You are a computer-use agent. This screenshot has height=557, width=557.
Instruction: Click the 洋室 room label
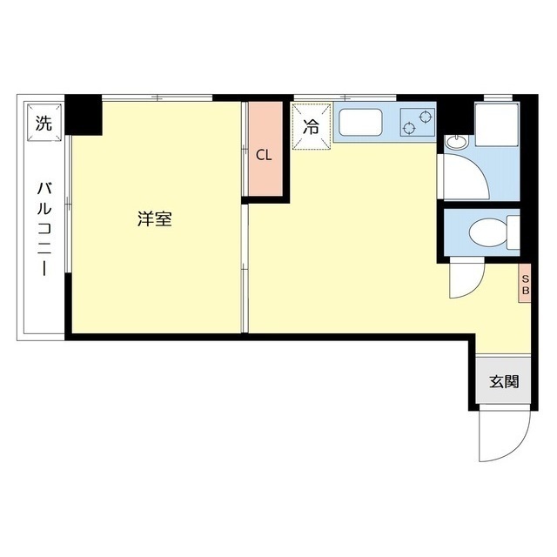[154, 219]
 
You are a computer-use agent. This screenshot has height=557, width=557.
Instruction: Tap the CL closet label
[265, 156]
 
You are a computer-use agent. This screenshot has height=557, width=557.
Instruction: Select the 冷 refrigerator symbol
[312, 126]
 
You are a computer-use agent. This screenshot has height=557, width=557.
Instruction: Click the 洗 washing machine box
[44, 123]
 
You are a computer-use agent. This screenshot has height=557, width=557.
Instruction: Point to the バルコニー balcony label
[43, 228]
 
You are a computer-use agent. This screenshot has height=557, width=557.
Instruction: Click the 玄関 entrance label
[503, 381]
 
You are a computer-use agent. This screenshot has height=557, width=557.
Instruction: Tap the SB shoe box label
[525, 284]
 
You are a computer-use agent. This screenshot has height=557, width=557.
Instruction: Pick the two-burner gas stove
[417, 123]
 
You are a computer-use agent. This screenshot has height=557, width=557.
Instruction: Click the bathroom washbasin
[455, 142]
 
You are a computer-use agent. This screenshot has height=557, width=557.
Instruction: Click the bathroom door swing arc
[466, 178]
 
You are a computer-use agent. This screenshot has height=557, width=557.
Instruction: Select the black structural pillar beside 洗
[84, 115]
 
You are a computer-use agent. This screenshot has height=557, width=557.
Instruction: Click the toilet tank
[513, 233]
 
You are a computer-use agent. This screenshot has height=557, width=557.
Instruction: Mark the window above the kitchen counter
[345, 96]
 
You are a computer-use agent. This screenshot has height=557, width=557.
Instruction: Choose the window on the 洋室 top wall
[157, 96]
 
